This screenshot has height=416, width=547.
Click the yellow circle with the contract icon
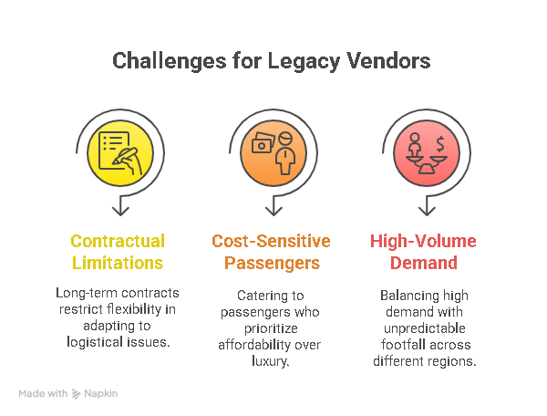(119, 151)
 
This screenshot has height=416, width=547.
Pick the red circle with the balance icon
(423, 151)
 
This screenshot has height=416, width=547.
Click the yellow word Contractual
(118, 242)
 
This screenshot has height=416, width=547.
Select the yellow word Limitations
(118, 264)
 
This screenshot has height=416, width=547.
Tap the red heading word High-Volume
(423, 242)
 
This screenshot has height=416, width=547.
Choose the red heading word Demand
(423, 264)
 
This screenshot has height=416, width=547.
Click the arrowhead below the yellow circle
(119, 212)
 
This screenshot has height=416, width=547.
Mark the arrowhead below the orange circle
(271, 212)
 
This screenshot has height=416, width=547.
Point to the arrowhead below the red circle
(423, 212)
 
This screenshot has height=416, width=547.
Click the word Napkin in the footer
(101, 394)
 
